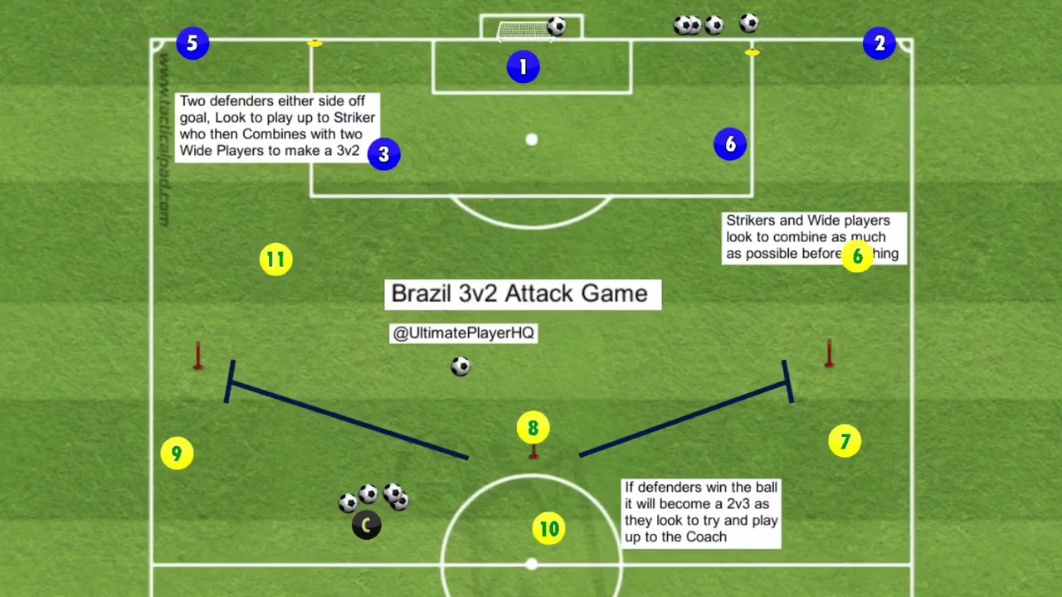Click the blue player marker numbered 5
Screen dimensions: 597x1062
coord(192,43)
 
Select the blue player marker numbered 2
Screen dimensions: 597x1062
coord(879,43)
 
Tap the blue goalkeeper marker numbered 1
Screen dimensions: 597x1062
coord(523,67)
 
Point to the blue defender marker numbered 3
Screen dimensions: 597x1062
coord(383,154)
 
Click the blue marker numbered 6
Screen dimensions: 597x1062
coord(730,144)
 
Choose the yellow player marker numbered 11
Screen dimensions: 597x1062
coord(275,260)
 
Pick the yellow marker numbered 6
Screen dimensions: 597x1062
coord(857,257)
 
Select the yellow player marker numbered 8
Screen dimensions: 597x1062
coord(533,428)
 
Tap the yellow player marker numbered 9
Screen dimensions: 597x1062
coord(177,454)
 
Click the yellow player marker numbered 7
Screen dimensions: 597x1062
coord(845,442)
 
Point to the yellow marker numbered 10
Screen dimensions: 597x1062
coord(549,529)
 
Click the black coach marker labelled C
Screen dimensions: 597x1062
coord(366,526)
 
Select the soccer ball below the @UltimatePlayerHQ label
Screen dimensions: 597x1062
coord(460,366)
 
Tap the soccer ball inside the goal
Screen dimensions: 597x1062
coord(557,27)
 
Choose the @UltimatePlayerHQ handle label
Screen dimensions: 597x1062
coord(463,333)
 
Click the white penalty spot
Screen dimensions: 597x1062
coord(532,140)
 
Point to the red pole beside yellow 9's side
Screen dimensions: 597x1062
coord(197,357)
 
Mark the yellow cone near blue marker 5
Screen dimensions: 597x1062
coord(314,43)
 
